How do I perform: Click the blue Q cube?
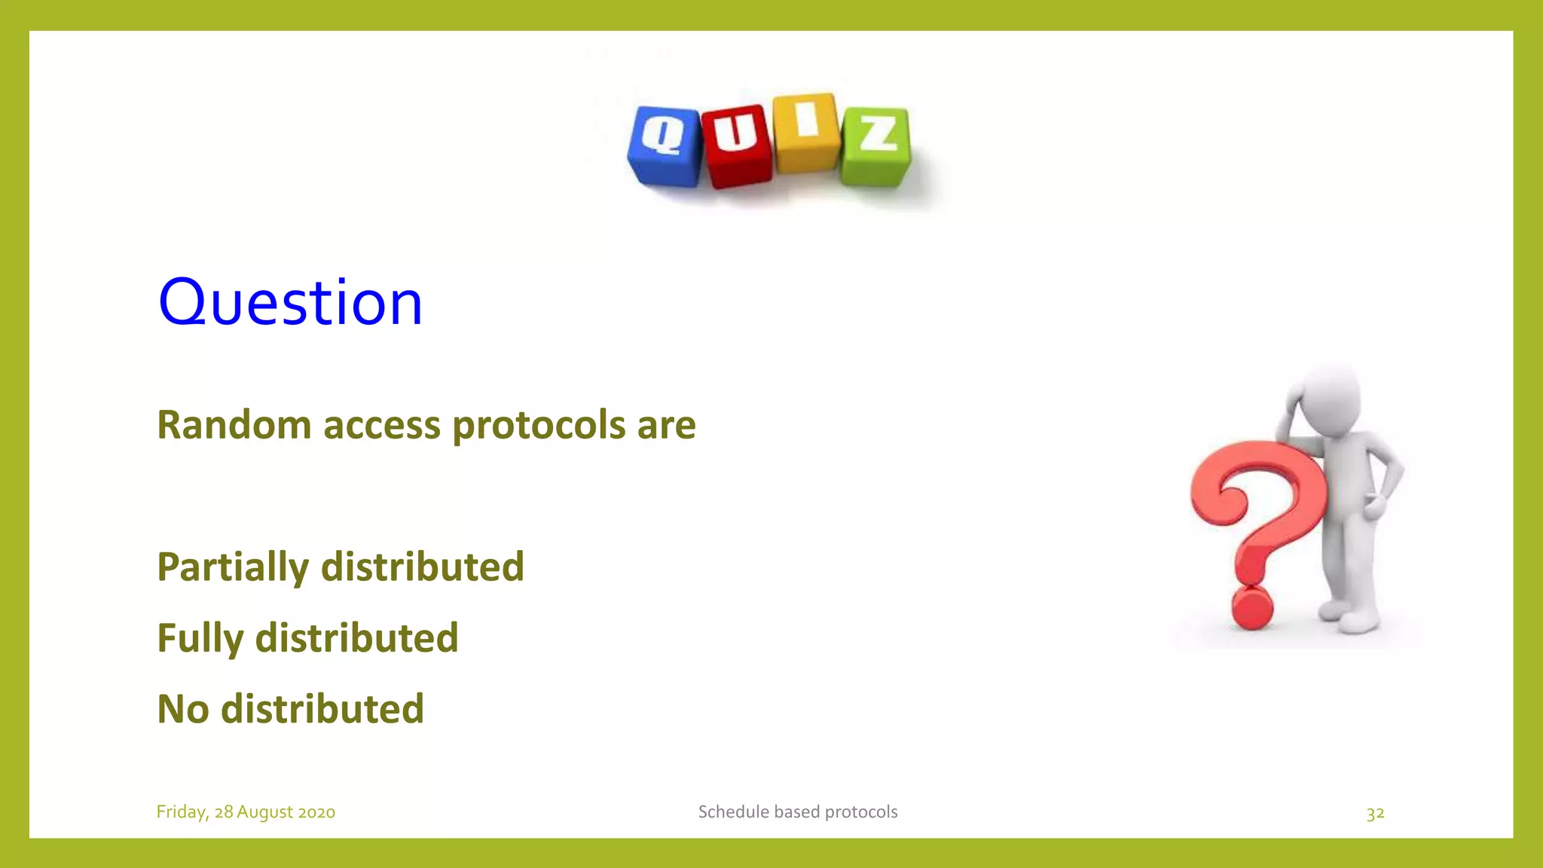[665, 145]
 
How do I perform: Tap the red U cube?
[737, 145]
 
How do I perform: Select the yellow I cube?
[806, 132]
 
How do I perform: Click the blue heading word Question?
[290, 302]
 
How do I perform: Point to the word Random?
[234, 425]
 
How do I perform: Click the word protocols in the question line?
[538, 426]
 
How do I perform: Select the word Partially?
[233, 567]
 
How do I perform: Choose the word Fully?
[200, 639]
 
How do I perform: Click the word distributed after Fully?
[356, 638]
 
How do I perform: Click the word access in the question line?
[381, 426]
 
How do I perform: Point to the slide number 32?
[1375, 813]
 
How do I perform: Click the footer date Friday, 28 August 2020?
[246, 811]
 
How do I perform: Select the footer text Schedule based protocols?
[797, 811]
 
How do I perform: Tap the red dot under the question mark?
[1251, 609]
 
